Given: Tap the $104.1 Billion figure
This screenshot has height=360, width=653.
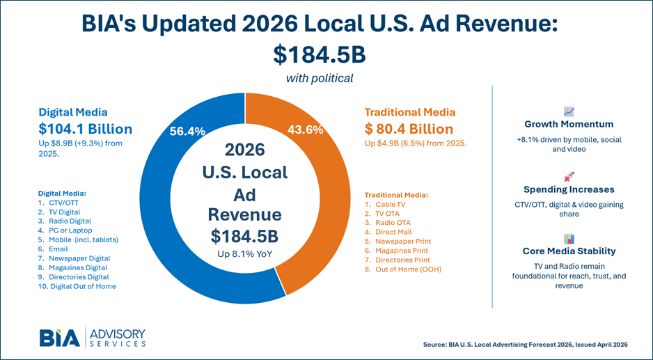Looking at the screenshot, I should coord(85,129).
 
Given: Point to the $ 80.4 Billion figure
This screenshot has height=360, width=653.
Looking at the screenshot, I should coord(409,129).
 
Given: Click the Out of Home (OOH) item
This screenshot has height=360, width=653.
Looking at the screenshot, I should coord(403,269).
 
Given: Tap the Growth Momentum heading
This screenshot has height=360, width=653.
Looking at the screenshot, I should coord(569,125).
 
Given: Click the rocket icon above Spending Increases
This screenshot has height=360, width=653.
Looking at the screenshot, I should coord(569,177).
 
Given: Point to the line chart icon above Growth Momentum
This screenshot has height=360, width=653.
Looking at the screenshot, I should coord(569,111).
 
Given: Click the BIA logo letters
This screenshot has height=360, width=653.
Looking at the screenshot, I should coord(59,337).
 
